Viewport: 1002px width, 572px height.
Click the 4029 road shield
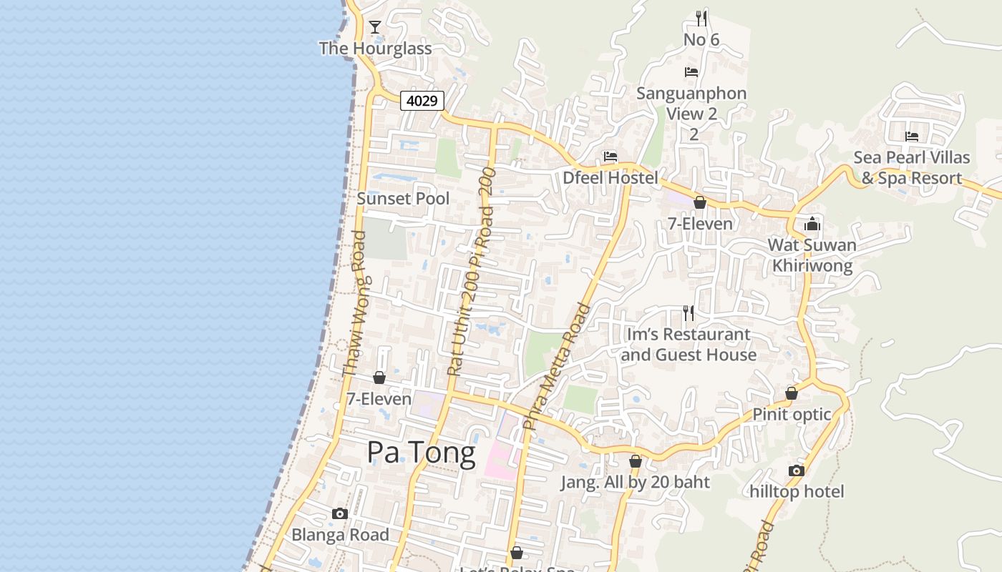pos(422,101)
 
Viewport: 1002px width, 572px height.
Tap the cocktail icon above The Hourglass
pos(374,27)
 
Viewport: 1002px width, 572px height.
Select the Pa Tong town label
pos(421,453)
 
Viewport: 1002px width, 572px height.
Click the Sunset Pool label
pos(403,199)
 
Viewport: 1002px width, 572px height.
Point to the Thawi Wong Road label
pos(354,303)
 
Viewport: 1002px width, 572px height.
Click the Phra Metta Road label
pos(558,366)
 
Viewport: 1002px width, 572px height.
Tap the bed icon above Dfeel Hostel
pos(610,157)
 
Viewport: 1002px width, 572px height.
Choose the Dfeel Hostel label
pos(610,178)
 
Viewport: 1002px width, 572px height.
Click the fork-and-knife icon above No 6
pos(701,19)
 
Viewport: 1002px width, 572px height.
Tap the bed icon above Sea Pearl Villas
pos(911,136)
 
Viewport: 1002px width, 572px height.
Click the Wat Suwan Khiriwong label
pos(812,255)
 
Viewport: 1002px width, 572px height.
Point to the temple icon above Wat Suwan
pos(812,225)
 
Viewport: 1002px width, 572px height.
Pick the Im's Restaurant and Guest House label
pos(689,345)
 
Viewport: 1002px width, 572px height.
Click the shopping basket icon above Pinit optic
pos(792,393)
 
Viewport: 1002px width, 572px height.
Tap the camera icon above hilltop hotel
pos(796,470)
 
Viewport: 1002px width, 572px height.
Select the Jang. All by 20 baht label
pos(635,483)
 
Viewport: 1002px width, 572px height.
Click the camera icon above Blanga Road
pos(340,513)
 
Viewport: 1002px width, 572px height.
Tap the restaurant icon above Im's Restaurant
pos(688,313)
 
